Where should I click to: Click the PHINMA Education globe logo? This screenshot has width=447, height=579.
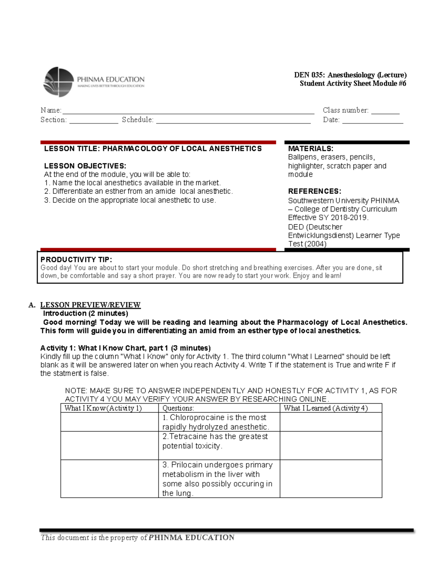point(58,82)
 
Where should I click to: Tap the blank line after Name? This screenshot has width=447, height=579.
point(188,111)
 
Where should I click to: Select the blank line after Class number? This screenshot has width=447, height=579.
point(385,111)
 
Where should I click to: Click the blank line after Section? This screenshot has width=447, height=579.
point(93,120)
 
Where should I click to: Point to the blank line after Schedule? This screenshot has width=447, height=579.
point(233,120)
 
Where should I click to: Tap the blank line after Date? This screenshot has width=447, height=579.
point(372,120)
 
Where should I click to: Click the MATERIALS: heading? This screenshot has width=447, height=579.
point(311,149)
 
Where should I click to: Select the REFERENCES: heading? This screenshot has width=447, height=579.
point(314,191)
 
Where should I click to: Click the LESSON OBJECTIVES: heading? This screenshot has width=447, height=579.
point(85,166)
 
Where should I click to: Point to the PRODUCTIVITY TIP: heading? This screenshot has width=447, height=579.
point(76,259)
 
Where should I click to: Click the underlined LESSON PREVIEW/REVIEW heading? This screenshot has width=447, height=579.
point(90,305)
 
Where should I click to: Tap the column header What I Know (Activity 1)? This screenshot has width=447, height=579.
point(103,408)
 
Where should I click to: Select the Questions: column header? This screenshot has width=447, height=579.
point(178,408)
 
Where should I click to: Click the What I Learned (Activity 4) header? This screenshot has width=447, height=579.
point(326,408)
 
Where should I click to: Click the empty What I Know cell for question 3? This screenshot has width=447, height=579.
point(110,479)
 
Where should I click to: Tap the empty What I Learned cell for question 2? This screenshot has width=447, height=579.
point(331,446)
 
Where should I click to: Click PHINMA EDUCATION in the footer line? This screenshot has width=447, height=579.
point(191,538)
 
